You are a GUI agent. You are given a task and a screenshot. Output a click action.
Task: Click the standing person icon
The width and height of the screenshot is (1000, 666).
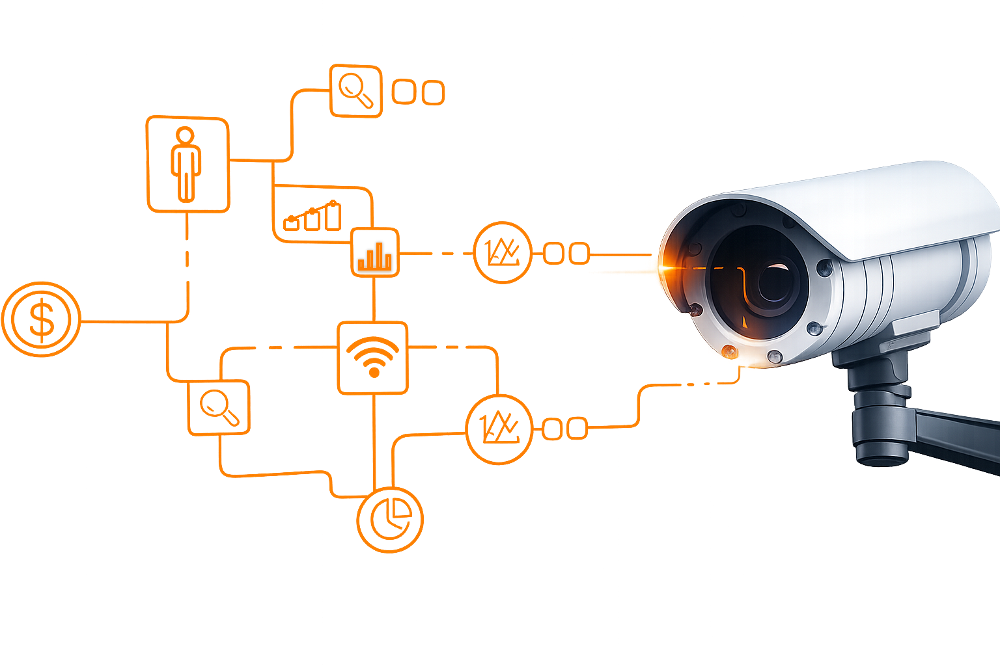point(186,164)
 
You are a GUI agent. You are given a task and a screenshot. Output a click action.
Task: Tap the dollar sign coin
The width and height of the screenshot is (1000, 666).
point(41,319)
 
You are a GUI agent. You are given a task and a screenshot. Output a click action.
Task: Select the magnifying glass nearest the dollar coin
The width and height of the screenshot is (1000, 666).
point(219,407)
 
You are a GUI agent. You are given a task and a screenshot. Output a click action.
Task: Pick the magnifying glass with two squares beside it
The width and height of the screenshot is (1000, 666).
point(355,90)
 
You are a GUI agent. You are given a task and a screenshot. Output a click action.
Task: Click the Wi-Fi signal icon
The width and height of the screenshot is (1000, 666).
point(373,357)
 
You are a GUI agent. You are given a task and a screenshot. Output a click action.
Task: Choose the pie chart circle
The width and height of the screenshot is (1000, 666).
point(390,520)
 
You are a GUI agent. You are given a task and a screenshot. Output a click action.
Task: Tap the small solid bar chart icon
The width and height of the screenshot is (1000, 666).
point(375,252)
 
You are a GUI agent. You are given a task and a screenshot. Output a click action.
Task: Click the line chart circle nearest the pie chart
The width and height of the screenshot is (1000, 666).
point(499,429)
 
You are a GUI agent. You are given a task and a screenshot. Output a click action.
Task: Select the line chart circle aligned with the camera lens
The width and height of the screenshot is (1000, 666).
point(502,253)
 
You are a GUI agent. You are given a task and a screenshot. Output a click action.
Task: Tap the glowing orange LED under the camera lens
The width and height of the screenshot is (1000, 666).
point(729,353)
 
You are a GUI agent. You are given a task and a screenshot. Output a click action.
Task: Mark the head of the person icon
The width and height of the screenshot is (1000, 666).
point(186,135)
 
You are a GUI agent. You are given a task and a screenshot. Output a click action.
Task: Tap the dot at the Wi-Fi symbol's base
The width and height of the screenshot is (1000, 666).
point(374,373)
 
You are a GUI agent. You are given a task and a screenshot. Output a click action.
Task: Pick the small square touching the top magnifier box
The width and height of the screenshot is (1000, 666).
point(404,92)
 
